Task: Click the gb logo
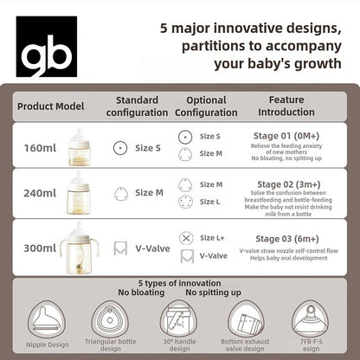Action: coord(47,46)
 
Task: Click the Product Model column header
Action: coord(50,106)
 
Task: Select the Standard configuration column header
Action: coord(137,106)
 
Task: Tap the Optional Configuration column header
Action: coord(206,106)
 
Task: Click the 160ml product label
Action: coord(40,147)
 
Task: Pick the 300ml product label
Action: coord(40,247)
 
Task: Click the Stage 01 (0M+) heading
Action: coord(288,135)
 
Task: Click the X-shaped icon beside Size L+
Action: coord(185,238)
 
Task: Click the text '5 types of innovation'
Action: coord(178,283)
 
